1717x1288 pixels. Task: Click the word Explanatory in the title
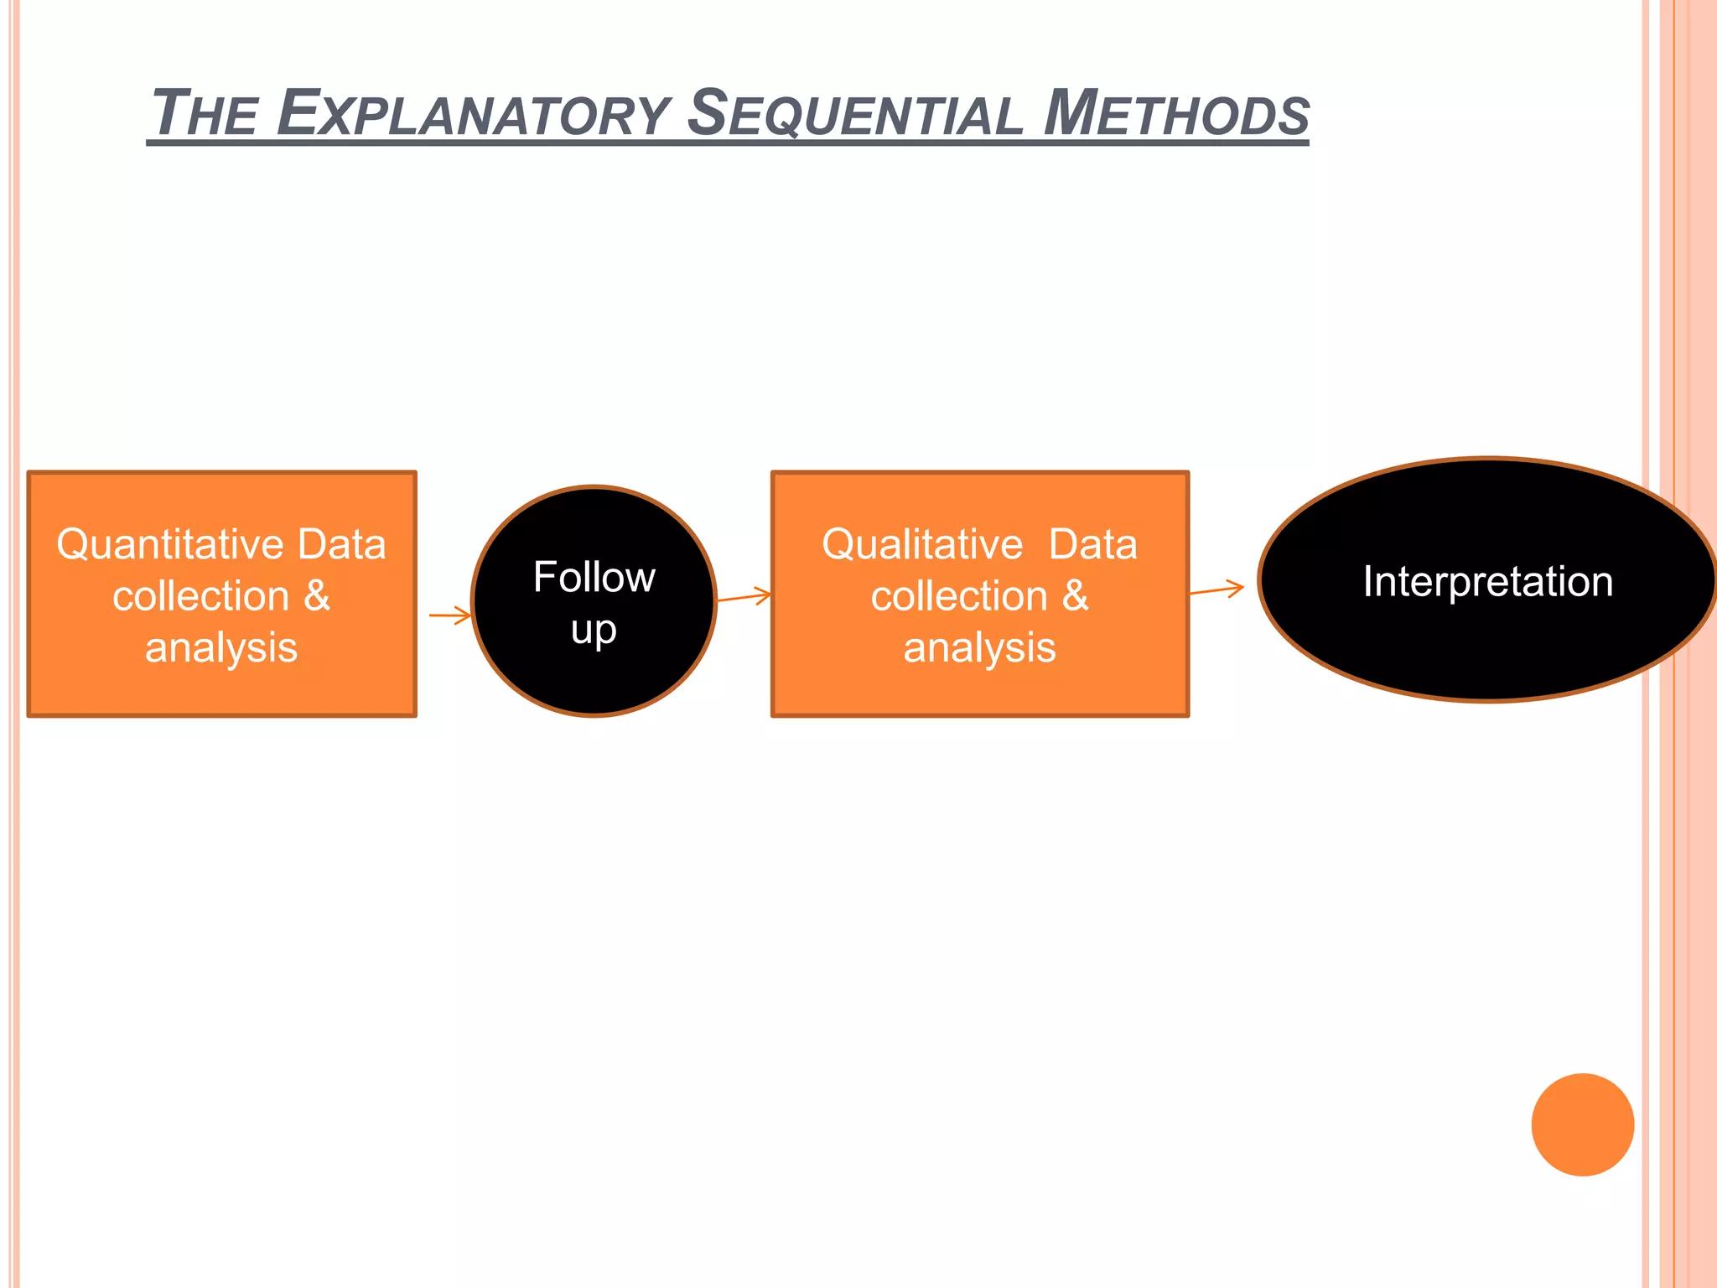(474, 114)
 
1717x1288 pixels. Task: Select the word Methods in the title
(1176, 114)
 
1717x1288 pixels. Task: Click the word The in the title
(205, 114)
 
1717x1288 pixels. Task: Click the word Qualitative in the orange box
(921, 545)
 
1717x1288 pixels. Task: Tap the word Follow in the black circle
(594, 578)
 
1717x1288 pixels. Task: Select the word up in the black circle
(594, 631)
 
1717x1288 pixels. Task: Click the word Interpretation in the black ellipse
(1487, 582)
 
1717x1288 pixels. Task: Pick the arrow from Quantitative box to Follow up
(451, 615)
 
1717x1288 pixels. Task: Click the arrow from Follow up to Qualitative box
(744, 597)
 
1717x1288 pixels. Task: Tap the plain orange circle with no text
(1582, 1124)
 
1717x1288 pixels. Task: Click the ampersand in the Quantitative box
(316, 596)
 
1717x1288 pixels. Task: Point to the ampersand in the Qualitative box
(1075, 596)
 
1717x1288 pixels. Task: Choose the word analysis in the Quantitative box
(221, 648)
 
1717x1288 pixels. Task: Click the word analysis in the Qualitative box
(979, 648)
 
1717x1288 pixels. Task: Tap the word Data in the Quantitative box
(342, 545)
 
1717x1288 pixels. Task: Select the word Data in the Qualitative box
(1092, 545)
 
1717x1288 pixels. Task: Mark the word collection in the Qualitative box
(959, 597)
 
